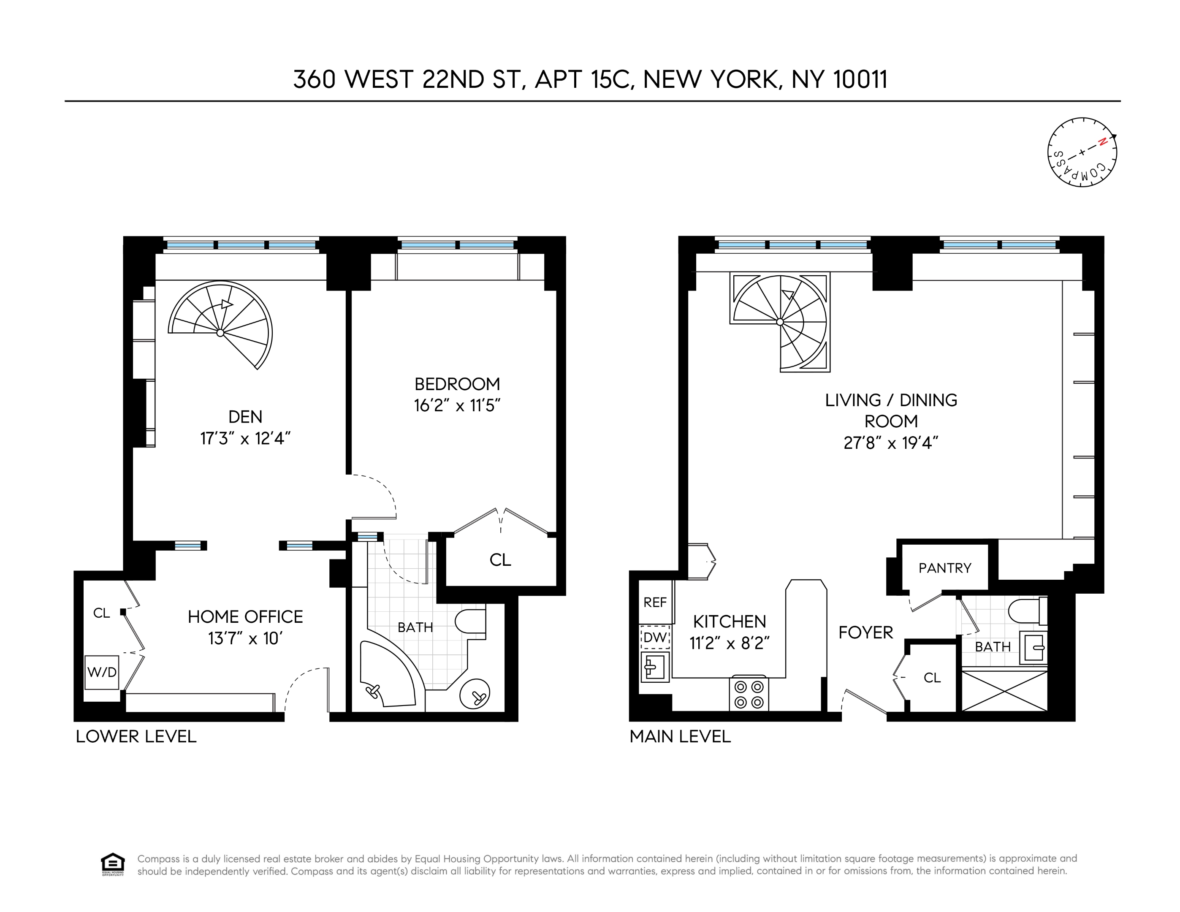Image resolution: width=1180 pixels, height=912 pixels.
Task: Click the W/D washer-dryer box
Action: (102, 672)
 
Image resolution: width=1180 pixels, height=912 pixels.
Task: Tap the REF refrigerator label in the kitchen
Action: (655, 602)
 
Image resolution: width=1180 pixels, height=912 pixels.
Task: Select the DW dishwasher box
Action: (655, 638)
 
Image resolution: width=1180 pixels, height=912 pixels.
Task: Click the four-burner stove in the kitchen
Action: (749, 694)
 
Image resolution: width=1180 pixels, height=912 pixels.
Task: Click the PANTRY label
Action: (945, 568)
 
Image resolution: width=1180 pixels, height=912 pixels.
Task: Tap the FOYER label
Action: (865, 632)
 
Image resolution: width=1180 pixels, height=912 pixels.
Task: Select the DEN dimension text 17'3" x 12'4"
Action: (245, 438)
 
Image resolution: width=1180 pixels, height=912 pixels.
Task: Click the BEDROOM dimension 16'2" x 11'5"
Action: (457, 406)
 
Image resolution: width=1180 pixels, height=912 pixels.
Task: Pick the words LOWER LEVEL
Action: (136, 736)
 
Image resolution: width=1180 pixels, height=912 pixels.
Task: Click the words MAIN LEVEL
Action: (680, 736)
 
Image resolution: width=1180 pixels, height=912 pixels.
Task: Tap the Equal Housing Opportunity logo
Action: (112, 864)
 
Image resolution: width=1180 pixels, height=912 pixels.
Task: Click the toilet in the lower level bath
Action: (469, 622)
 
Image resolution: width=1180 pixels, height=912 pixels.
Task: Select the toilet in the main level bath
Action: (1027, 611)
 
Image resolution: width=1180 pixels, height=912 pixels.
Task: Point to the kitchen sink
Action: (655, 667)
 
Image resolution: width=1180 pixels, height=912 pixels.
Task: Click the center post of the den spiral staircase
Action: (220, 333)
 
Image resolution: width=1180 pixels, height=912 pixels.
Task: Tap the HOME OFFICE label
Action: (245, 617)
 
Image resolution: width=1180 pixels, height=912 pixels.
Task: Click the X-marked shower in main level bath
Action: (1004, 691)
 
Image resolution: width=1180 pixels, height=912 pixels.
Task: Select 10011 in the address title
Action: (860, 79)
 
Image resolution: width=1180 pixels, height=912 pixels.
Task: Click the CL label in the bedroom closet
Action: (500, 560)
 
